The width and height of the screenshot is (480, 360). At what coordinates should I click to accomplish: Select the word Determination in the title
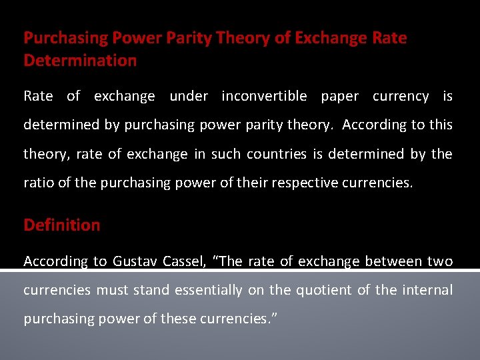tap(80, 61)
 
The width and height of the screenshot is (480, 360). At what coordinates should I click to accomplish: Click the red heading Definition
tap(62, 225)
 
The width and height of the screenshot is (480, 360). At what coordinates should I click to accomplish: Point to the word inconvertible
tap(264, 96)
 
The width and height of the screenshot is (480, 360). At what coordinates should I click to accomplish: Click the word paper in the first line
tap(339, 96)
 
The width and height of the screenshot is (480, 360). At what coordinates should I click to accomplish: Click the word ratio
tap(39, 183)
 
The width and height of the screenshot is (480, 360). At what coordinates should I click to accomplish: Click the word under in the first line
tap(189, 96)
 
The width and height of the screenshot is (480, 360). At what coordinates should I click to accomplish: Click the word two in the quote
tap(440, 261)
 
